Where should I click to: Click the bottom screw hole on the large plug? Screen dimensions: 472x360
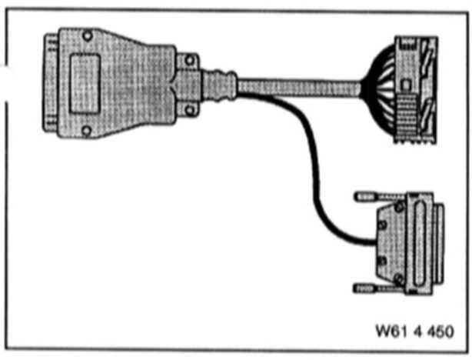pyautogui.click(x=85, y=128)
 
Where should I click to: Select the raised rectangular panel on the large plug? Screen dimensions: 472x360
pyautogui.click(x=85, y=81)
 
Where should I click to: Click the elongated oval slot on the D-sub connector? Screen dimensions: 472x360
pyautogui.click(x=420, y=242)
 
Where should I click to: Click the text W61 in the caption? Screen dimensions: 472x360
pyautogui.click(x=388, y=332)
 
